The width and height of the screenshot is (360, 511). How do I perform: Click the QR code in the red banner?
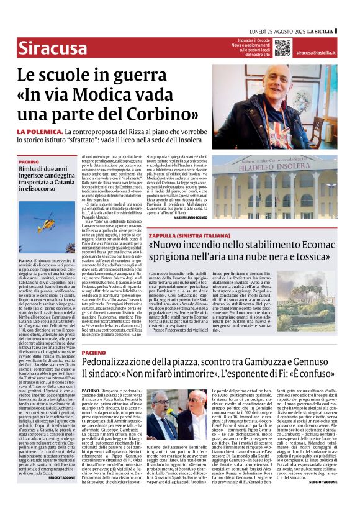[282, 48]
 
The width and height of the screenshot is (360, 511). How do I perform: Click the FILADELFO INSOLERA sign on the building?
[287, 166]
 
